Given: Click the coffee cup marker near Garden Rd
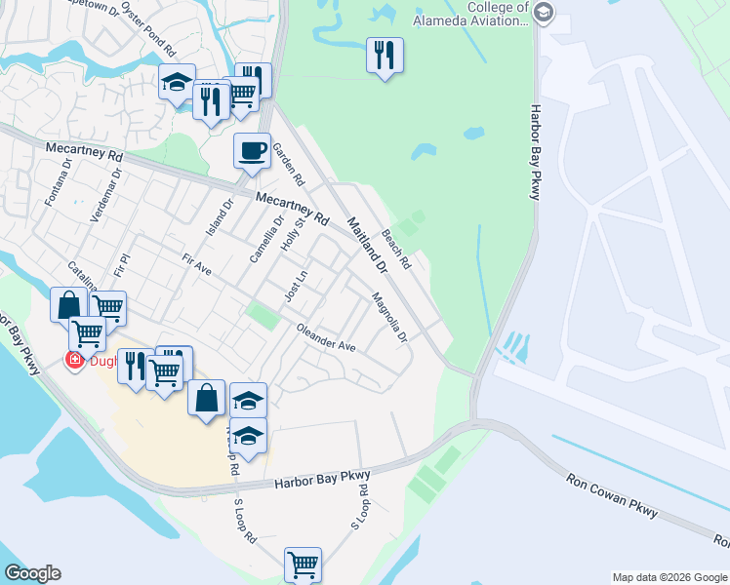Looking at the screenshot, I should coord(252,151).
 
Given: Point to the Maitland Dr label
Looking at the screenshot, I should coord(367,243).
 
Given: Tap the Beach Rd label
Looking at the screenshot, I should coord(396,250).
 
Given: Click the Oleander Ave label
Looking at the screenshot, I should coord(327,337).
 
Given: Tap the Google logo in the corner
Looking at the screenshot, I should coord(32,573).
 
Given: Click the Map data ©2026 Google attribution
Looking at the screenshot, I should coord(669,577).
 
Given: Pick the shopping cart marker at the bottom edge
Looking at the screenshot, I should coord(303,564).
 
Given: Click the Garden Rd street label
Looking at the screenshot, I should coord(288,165).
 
